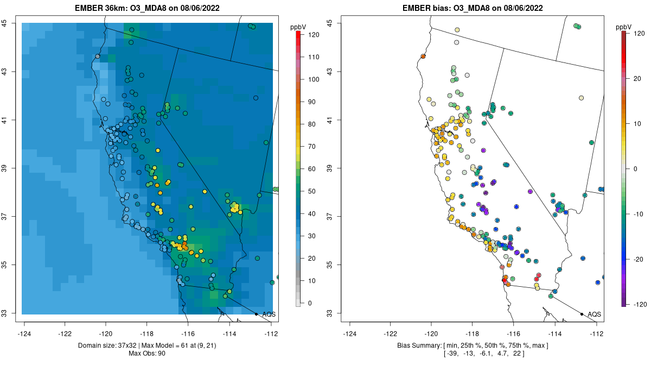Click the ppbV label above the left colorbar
coord(298,26)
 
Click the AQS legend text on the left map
coord(269,314)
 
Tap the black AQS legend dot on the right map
coord(581,314)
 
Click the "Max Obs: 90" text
coord(147,354)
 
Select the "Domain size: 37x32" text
coord(114,345)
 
